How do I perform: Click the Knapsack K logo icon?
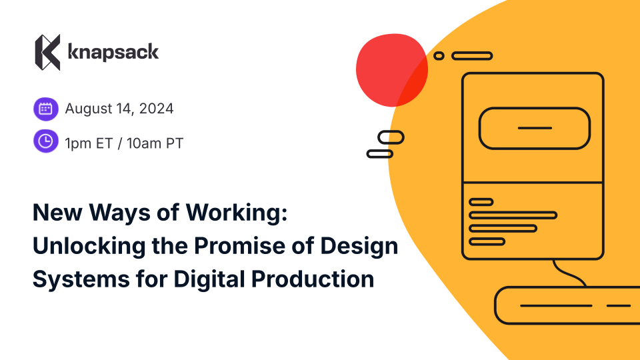point(48,52)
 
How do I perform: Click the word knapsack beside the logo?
point(113,52)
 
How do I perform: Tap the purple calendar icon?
point(46,109)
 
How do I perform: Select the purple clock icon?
point(46,141)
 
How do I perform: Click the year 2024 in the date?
point(156,109)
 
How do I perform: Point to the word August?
point(89,109)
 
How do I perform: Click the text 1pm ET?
point(89,143)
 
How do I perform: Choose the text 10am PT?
point(155,143)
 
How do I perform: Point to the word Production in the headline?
point(313,279)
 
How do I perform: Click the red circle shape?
point(392,70)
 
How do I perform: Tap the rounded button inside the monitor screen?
point(534,128)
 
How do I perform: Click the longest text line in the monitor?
point(513,215)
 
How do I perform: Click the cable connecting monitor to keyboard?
point(569,273)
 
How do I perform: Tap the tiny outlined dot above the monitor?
point(439,56)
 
